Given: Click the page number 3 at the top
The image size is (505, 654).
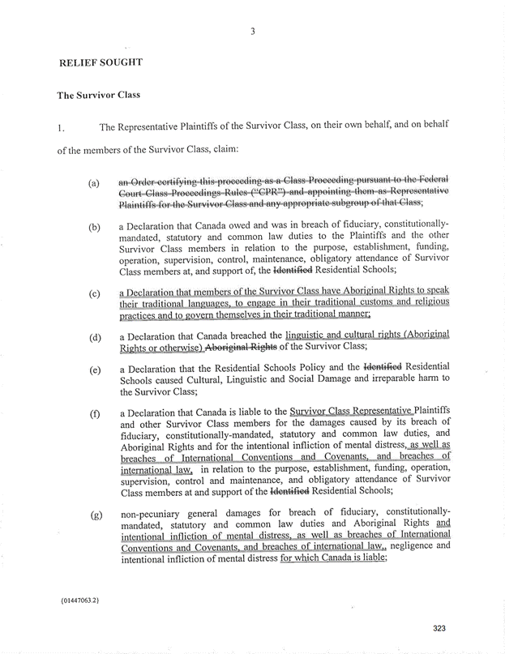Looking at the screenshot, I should pos(253,32).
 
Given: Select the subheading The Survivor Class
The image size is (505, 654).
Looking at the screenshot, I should pos(98,95).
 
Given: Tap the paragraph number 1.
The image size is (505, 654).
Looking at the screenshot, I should pos(60,127).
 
